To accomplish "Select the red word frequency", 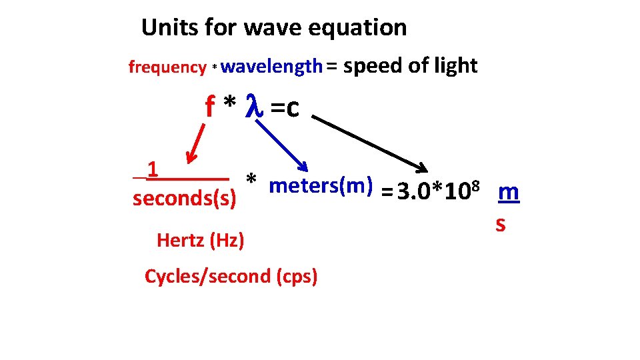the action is pyautogui.click(x=167, y=67).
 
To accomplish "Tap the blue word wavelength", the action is pyautogui.click(x=271, y=66).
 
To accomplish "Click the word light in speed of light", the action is pyautogui.click(x=455, y=65).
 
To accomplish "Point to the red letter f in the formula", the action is pyautogui.click(x=211, y=107).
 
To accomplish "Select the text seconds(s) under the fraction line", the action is pyautogui.click(x=185, y=199).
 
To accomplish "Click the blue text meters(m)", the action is pyautogui.click(x=320, y=186).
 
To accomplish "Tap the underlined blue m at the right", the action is pyautogui.click(x=509, y=193).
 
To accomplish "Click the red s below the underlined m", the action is pyautogui.click(x=501, y=225).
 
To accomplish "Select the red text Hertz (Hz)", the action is pyautogui.click(x=200, y=240).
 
